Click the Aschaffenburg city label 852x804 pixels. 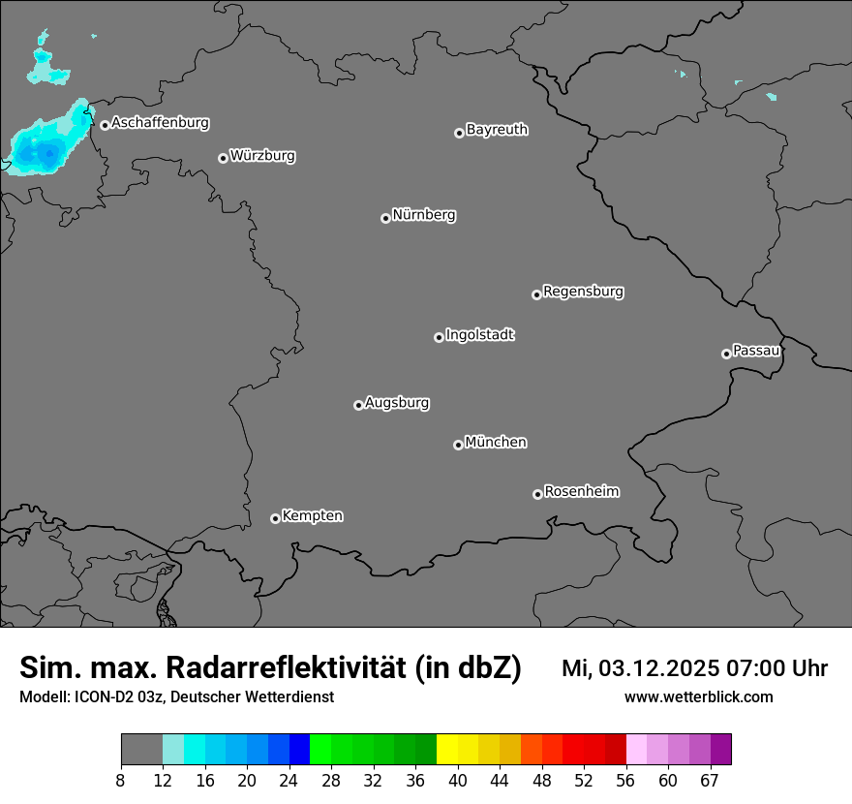pyautogui.click(x=160, y=123)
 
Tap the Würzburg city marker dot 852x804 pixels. pyautogui.click(x=223, y=158)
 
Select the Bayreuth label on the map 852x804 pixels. pyautogui.click(x=497, y=129)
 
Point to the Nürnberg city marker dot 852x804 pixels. pyautogui.click(x=385, y=218)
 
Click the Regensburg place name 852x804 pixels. pyautogui.click(x=583, y=291)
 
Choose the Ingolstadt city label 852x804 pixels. pyautogui.click(x=479, y=335)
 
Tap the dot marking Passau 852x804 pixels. pyautogui.click(x=726, y=354)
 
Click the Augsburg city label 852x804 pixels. pyautogui.click(x=397, y=403)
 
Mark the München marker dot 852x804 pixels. pyautogui.click(x=458, y=446)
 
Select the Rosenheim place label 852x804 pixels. pyautogui.click(x=581, y=491)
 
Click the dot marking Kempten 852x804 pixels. pyautogui.click(x=275, y=518)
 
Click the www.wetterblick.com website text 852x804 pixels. pyautogui.click(x=698, y=696)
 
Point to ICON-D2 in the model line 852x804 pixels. pyautogui.click(x=97, y=696)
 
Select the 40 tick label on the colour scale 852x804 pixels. pyautogui.click(x=458, y=781)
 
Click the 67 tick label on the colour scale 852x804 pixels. pyautogui.click(x=710, y=781)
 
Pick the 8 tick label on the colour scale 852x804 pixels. pyautogui.click(x=120, y=781)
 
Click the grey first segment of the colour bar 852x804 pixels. pyautogui.click(x=141, y=750)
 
